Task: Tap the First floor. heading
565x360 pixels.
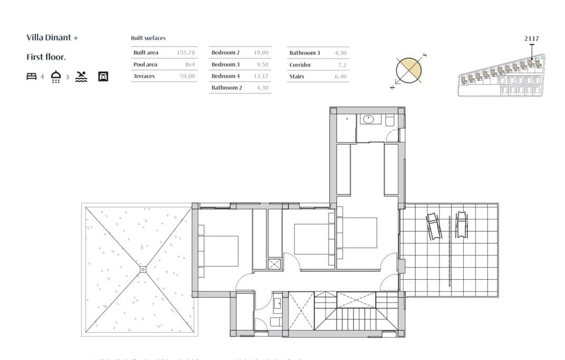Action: click(46, 57)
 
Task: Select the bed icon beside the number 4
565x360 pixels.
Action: click(31, 77)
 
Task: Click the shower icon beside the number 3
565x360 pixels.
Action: click(56, 77)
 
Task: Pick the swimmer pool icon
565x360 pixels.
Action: click(81, 77)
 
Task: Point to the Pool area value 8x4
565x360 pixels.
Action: click(190, 64)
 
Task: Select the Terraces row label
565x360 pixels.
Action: click(144, 76)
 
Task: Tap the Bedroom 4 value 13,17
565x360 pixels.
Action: click(261, 76)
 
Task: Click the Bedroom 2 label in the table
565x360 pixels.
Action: click(225, 53)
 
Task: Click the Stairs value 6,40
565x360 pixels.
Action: click(340, 77)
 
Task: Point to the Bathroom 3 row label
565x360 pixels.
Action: click(304, 53)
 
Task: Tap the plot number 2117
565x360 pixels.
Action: click(532, 39)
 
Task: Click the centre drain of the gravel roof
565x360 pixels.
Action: click(142, 270)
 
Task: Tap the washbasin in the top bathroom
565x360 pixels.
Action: click(371, 119)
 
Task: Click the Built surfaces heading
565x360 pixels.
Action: click(148, 38)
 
